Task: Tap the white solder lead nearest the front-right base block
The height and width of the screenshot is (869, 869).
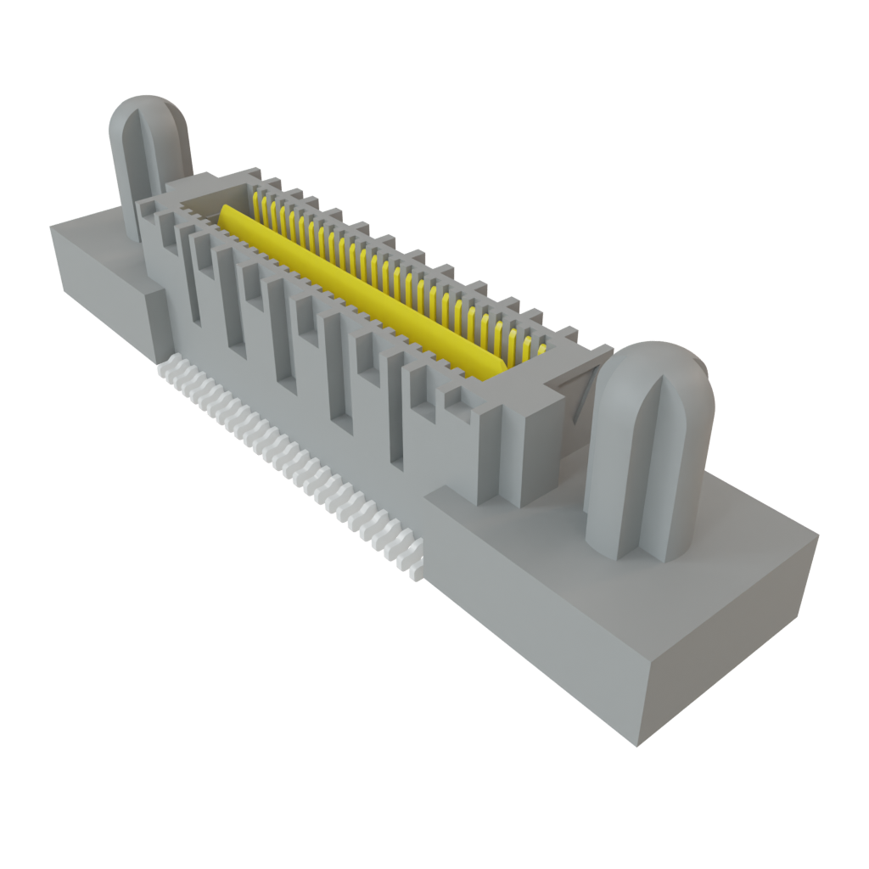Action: [414, 569]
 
